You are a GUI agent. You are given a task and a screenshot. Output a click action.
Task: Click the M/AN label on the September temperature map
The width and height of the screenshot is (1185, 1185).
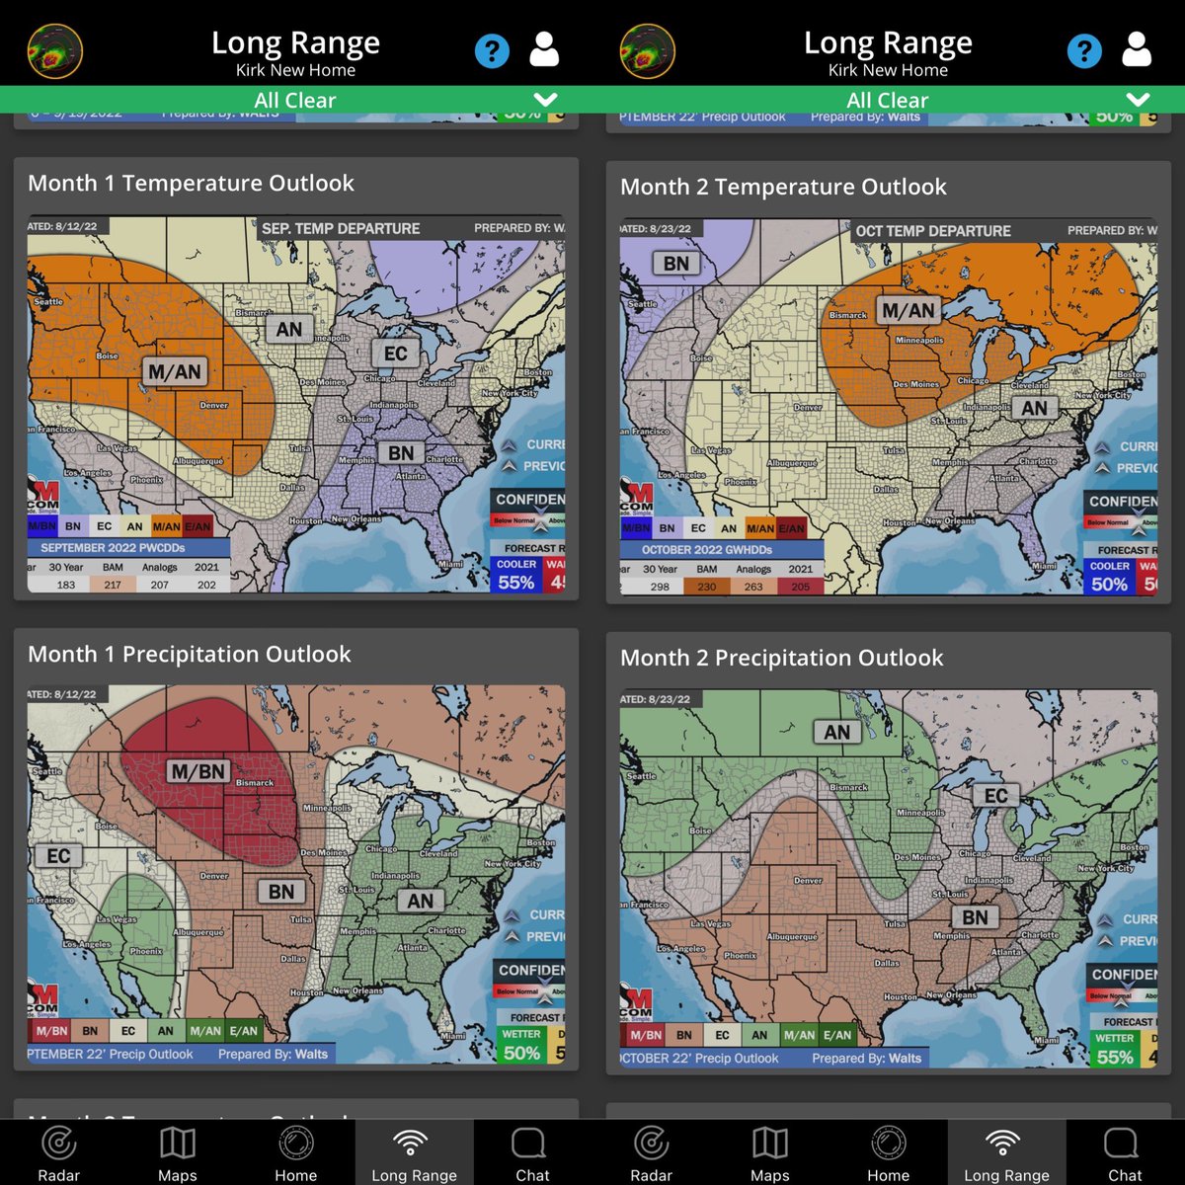pyautogui.click(x=175, y=372)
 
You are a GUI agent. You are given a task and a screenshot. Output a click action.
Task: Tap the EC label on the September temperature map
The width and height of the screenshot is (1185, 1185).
pyautogui.click(x=395, y=354)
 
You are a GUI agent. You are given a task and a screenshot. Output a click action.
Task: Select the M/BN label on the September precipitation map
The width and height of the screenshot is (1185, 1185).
pyautogui.click(x=198, y=771)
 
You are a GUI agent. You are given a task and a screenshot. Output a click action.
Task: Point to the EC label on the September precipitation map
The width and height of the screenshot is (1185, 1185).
pyautogui.click(x=58, y=855)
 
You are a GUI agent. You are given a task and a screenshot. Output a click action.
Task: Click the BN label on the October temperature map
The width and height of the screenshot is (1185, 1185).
pyautogui.click(x=675, y=264)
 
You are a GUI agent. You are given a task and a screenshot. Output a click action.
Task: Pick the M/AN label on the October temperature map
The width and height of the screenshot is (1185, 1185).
pyautogui.click(x=908, y=310)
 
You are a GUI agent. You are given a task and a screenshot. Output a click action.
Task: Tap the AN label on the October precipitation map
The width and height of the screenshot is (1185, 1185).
pyautogui.click(x=836, y=732)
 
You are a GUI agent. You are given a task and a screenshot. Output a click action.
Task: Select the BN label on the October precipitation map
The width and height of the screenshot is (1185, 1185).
pyautogui.click(x=975, y=917)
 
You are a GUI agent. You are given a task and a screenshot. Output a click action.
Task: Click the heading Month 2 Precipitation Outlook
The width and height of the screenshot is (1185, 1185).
pyautogui.click(x=781, y=658)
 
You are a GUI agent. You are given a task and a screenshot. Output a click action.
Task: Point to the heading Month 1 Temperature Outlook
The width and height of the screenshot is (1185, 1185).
pyautogui.click(x=191, y=183)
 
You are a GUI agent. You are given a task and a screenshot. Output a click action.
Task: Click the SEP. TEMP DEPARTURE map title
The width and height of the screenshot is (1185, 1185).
pyautogui.click(x=341, y=228)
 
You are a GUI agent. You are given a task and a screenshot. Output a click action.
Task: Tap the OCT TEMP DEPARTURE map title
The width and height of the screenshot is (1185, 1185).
pyautogui.click(x=933, y=231)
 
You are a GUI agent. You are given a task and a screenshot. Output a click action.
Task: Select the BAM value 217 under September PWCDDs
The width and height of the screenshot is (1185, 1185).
pyautogui.click(x=113, y=585)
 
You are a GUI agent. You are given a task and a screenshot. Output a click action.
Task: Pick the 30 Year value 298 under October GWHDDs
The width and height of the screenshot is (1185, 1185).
pyautogui.click(x=660, y=587)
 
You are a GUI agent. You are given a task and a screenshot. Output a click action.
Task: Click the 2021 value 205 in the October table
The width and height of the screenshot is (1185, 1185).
pyautogui.click(x=800, y=587)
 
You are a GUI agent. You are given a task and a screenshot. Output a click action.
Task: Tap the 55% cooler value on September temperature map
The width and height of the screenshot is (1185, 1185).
pyautogui.click(x=515, y=583)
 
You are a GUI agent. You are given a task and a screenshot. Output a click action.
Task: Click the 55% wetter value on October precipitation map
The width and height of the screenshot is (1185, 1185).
pyautogui.click(x=1114, y=1057)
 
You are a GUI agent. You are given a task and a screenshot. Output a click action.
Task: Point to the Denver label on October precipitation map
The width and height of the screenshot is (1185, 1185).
pyautogui.click(x=808, y=880)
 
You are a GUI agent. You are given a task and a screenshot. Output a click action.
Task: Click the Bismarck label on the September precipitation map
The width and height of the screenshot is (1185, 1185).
pyautogui.click(x=255, y=783)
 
